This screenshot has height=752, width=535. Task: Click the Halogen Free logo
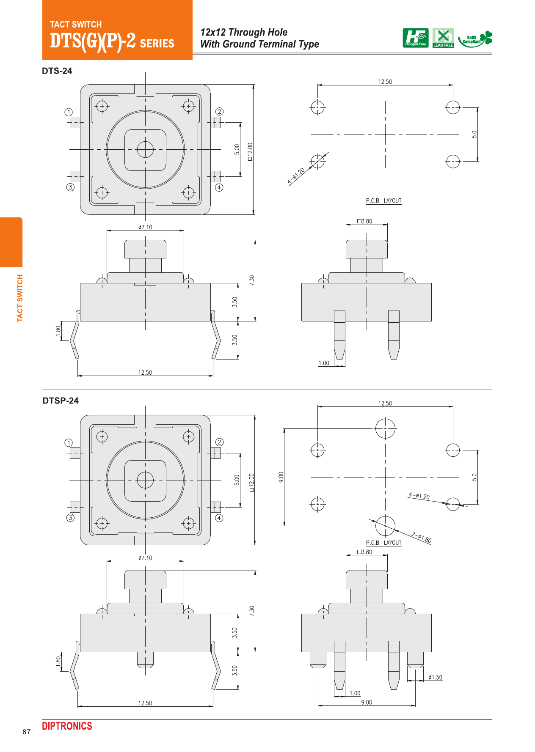click(x=415, y=38)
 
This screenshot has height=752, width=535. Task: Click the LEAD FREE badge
click(x=443, y=38)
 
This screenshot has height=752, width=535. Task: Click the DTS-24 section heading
click(x=57, y=71)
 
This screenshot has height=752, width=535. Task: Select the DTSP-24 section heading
click(x=61, y=401)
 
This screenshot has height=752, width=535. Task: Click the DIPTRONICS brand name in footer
click(x=67, y=726)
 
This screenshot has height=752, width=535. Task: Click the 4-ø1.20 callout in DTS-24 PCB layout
click(x=296, y=176)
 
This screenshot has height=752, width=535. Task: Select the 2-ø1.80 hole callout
click(x=421, y=538)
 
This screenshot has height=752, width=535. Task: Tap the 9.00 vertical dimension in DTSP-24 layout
click(x=281, y=477)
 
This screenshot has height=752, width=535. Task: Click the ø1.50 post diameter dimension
click(x=435, y=678)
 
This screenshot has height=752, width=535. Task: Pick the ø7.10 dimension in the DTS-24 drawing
click(x=145, y=227)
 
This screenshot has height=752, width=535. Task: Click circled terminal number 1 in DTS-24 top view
click(x=69, y=112)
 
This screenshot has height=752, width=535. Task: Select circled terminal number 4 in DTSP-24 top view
click(x=219, y=518)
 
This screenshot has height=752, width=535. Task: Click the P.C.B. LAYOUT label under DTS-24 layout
click(x=383, y=201)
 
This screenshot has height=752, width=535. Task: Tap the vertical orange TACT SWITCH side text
click(x=20, y=298)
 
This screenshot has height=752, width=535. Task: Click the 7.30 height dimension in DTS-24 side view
click(x=252, y=280)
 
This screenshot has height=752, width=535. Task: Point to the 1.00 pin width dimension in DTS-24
click(x=324, y=363)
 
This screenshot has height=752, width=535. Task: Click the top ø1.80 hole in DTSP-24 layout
click(x=385, y=428)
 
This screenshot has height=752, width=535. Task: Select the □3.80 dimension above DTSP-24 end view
click(x=364, y=552)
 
